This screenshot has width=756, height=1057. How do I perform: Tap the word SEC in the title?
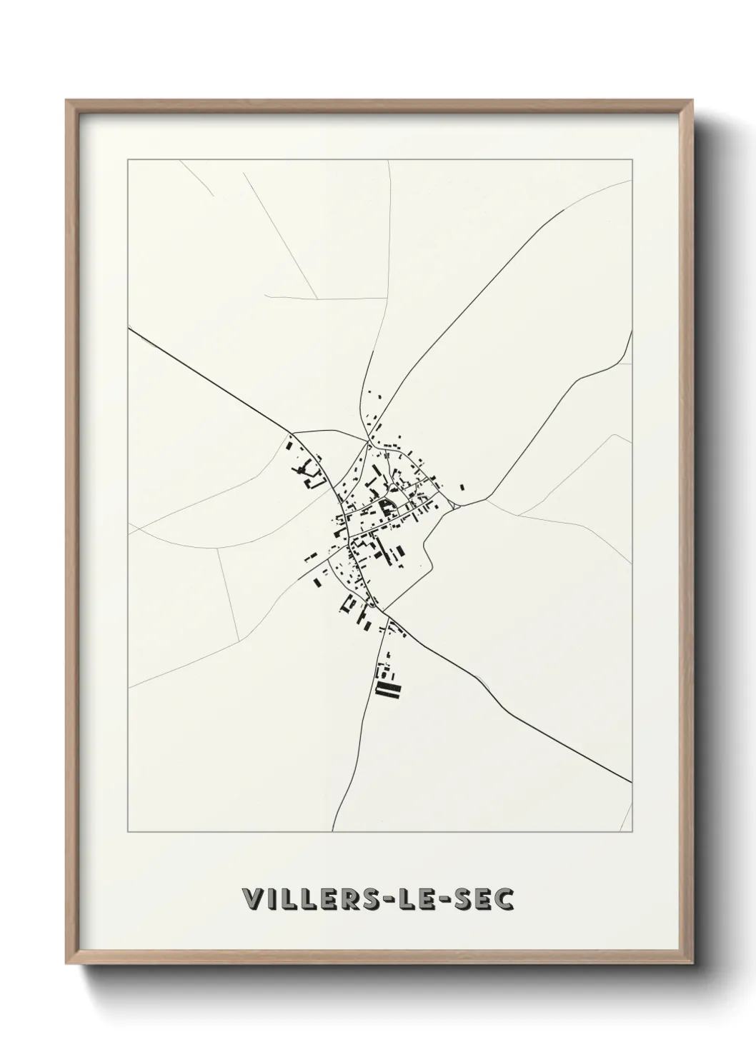[x=486, y=899]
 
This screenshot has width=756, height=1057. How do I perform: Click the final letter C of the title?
[x=505, y=899]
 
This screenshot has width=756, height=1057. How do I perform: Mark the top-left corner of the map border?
[x=128, y=160]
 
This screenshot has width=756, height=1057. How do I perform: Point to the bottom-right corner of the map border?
[x=632, y=832]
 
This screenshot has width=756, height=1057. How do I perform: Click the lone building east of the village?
[x=462, y=487]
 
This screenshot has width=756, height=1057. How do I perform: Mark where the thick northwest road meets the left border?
[x=129, y=329]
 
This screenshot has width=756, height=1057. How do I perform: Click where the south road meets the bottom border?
[x=332, y=832]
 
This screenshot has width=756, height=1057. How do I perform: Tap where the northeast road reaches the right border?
[x=632, y=181]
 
